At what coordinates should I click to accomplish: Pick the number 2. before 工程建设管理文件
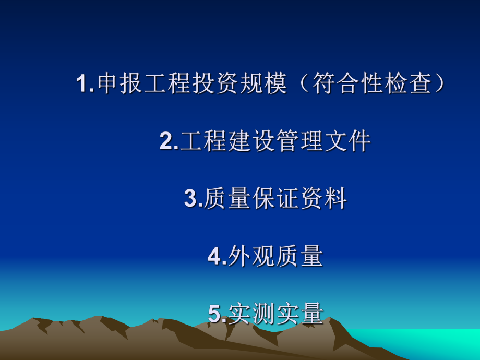click(169, 141)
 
